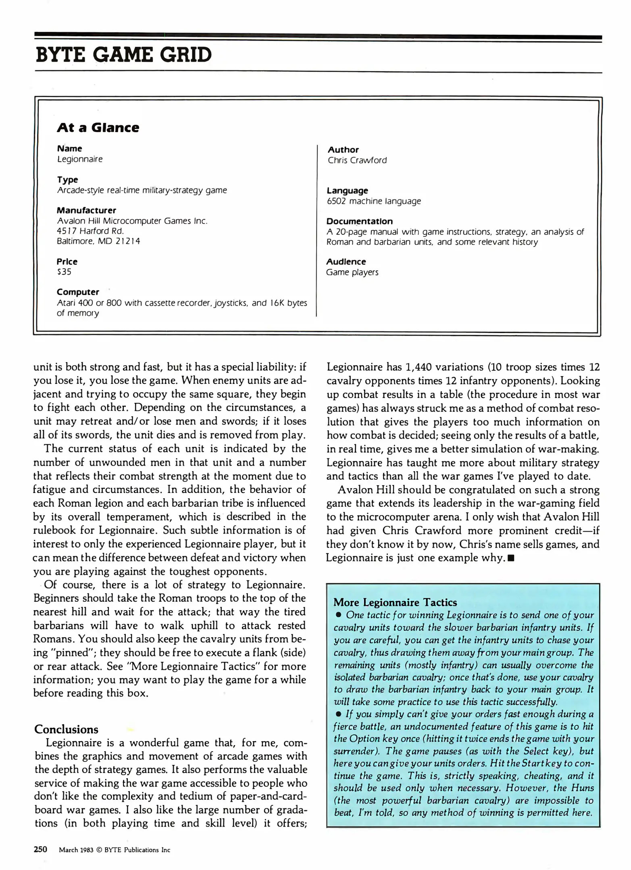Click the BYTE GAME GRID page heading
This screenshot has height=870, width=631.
123,55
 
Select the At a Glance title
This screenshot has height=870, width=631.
98,128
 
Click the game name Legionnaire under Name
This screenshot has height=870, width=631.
80,159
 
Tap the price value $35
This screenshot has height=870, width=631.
64,272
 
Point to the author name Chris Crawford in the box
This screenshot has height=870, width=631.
357,160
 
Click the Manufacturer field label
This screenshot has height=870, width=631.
86,210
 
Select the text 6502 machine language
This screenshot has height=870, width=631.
373,201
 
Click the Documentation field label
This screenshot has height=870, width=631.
359,221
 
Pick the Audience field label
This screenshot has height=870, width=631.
346,262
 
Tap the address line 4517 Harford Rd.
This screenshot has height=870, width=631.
90,231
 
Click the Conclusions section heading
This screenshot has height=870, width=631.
66,729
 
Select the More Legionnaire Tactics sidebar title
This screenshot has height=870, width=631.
395,603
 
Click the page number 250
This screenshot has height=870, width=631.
40,850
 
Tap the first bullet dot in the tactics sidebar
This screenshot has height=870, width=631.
339,615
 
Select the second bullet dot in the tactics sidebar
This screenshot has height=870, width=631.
339,714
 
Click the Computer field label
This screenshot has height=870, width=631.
78,292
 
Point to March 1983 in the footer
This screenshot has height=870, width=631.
76,850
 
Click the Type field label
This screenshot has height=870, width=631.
67,180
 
